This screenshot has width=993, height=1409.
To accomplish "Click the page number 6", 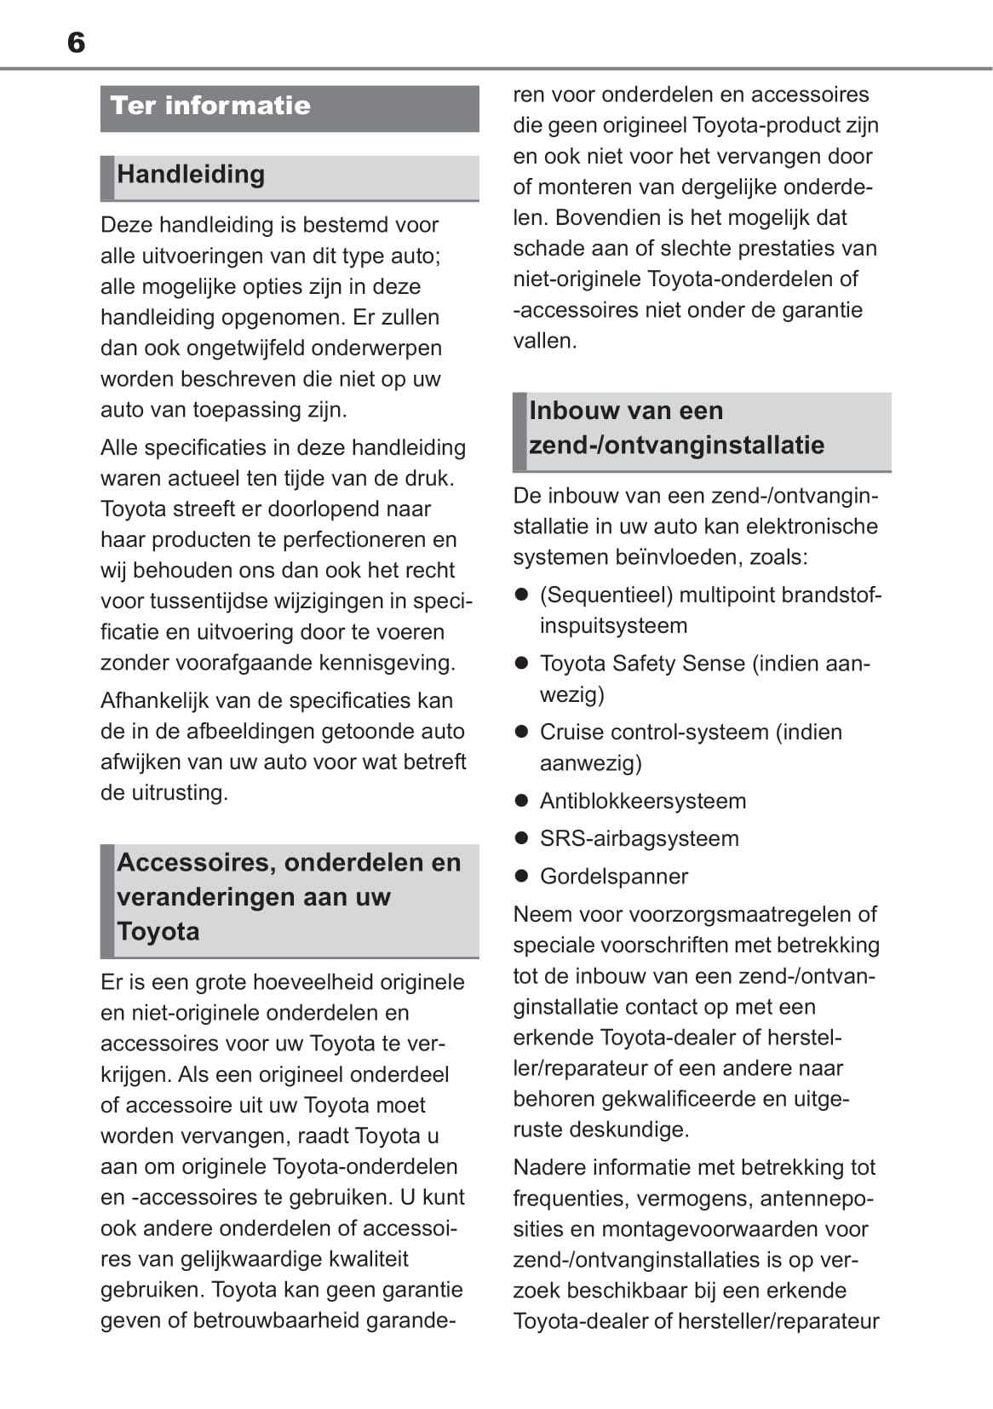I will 76,43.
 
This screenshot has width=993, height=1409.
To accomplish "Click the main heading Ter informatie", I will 210,106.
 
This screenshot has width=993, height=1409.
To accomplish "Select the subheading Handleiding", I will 191,174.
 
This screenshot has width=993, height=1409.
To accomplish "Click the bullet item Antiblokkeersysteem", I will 643,801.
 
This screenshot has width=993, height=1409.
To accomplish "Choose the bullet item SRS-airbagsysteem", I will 640,838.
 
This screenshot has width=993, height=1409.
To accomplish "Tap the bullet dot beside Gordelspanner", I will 522,876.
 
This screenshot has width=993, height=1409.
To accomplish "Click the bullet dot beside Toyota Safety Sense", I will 522,663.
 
